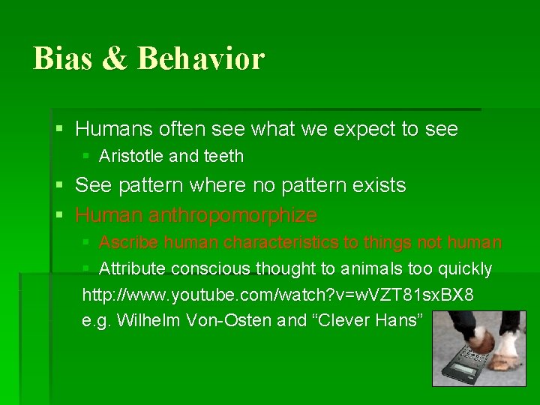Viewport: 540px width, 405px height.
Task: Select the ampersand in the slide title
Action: coord(114,59)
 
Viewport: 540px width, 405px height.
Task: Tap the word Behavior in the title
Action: coord(201,58)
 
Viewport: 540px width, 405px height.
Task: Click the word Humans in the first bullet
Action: coord(114,129)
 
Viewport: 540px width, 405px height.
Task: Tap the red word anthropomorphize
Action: coord(232,216)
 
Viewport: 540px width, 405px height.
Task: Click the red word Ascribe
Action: coord(130,243)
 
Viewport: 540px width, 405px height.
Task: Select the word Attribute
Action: coord(132,268)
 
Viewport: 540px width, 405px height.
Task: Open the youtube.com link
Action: coord(277,295)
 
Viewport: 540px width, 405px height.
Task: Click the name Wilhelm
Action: coord(143,320)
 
